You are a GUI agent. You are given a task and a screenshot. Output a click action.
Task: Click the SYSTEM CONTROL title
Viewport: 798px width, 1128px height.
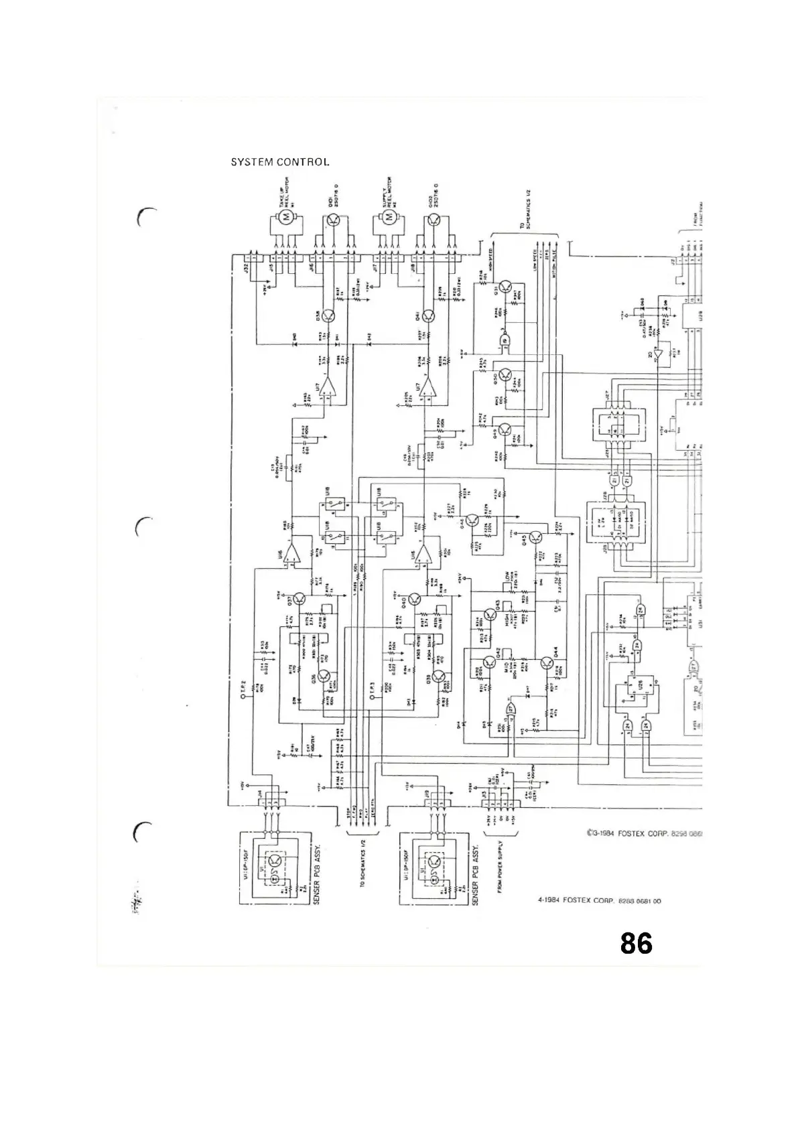(280, 162)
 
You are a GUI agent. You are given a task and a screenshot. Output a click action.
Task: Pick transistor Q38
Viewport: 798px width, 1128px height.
(328, 315)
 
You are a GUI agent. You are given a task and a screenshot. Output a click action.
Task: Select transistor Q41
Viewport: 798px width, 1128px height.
(429, 315)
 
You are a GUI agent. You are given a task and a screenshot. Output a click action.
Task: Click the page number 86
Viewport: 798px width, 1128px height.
(636, 943)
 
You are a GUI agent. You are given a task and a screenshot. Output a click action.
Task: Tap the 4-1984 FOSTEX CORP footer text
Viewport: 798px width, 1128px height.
(599, 901)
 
